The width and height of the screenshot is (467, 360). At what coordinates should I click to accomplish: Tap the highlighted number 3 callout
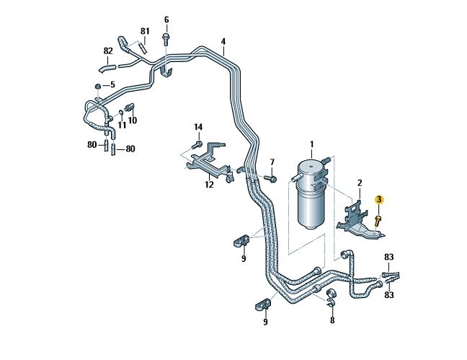click(x=379, y=199)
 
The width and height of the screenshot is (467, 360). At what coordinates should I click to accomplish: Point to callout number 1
click(x=312, y=145)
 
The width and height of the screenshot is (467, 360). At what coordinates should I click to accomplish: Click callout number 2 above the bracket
click(x=359, y=185)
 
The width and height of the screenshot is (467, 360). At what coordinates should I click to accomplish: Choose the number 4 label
click(x=223, y=42)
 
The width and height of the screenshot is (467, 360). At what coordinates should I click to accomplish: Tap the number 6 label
click(x=166, y=19)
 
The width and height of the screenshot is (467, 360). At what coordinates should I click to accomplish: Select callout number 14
click(x=198, y=127)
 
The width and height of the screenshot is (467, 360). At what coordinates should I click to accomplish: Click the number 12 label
click(x=209, y=185)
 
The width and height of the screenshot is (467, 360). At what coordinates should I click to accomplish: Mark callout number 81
click(x=145, y=31)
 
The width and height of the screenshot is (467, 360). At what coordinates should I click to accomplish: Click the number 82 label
click(x=108, y=51)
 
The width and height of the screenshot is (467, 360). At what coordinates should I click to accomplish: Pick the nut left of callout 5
click(x=97, y=87)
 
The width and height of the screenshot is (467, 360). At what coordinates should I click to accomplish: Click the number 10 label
click(x=133, y=120)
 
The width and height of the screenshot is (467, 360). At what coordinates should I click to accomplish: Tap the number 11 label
click(x=122, y=125)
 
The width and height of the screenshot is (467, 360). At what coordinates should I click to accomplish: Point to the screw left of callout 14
click(x=195, y=145)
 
